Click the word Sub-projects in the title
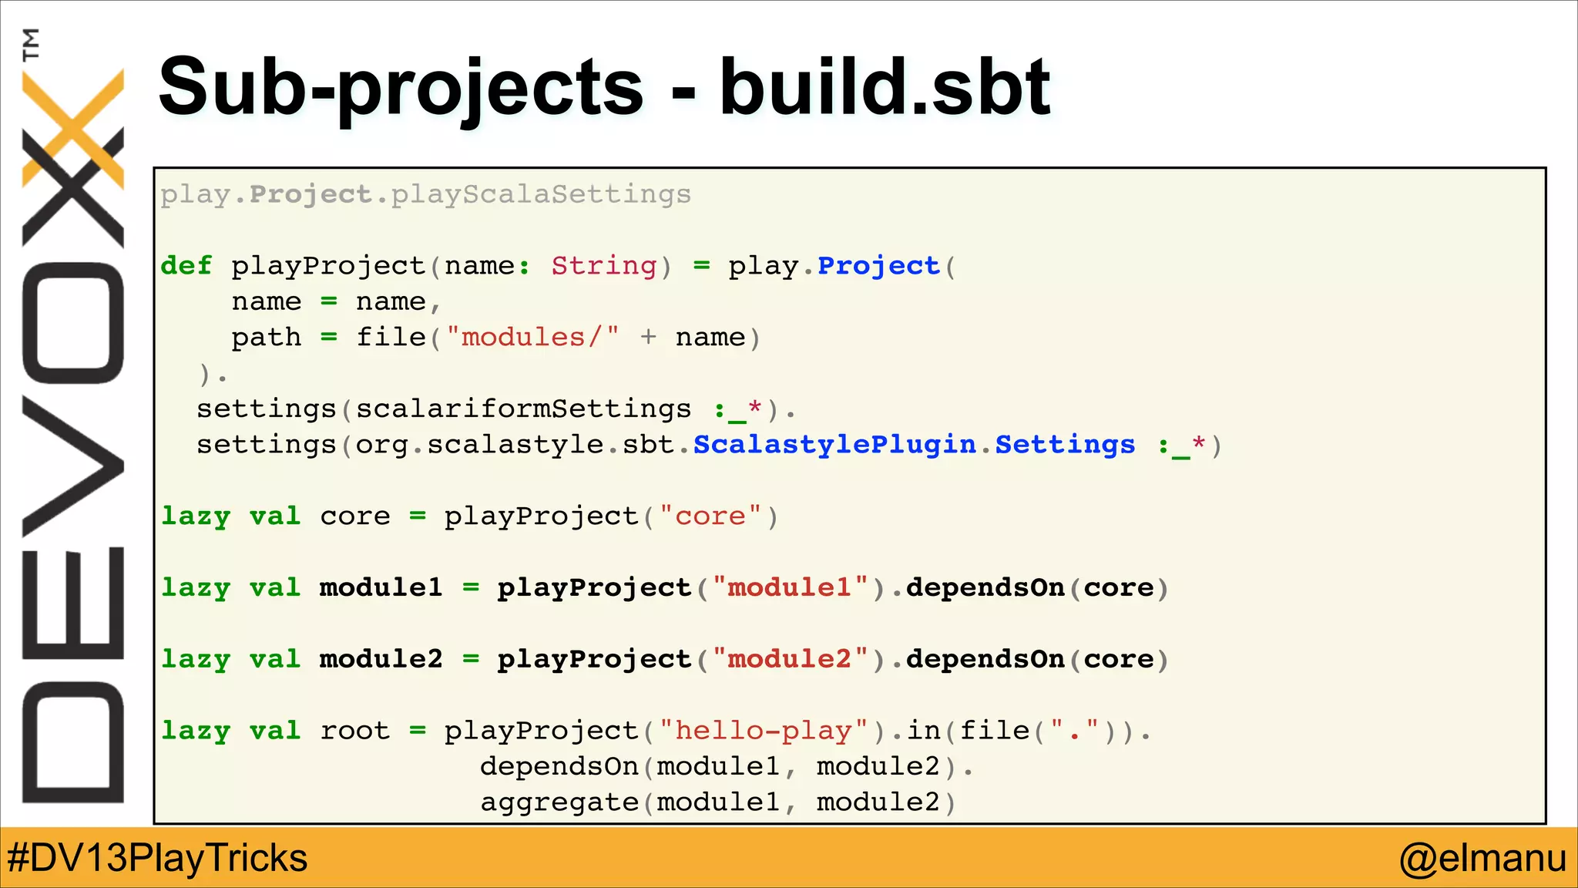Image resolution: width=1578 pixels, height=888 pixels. click(x=401, y=89)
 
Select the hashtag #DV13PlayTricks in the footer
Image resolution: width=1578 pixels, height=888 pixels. click(x=157, y=858)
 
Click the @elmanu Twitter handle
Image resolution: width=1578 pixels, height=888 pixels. click(x=1482, y=858)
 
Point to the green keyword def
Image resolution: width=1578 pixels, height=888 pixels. click(x=186, y=266)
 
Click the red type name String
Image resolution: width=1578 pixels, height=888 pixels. click(x=604, y=266)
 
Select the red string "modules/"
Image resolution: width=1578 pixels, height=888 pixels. click(x=532, y=338)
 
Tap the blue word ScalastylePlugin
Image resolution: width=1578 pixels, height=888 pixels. click(x=834, y=445)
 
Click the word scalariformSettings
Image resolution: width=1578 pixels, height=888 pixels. click(x=523, y=409)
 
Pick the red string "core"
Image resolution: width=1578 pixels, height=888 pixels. click(x=710, y=516)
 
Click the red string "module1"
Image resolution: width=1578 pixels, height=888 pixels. click(x=790, y=588)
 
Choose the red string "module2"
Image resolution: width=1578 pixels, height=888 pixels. click(x=790, y=660)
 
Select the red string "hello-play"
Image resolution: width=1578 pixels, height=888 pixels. click(x=764, y=731)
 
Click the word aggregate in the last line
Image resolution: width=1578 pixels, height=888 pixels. click(x=559, y=802)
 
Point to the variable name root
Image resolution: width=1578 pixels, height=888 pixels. click(x=355, y=731)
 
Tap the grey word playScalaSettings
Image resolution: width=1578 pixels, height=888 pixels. click(x=541, y=194)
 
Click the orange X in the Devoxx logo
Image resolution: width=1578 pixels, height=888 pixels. click(x=73, y=127)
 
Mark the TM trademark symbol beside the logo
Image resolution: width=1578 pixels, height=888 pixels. click(x=31, y=44)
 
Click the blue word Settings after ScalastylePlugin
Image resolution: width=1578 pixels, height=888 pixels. click(x=1065, y=445)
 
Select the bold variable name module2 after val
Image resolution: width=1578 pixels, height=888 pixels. click(x=381, y=660)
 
